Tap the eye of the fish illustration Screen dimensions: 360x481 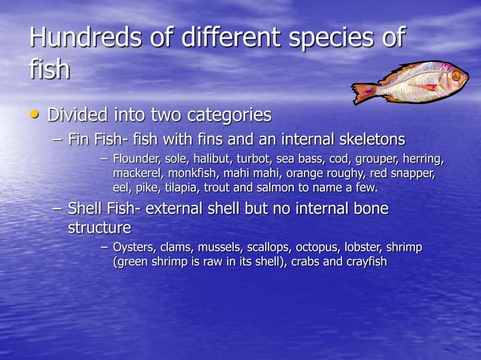(456, 76)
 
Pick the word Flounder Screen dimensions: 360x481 (136, 160)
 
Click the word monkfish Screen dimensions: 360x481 (191, 173)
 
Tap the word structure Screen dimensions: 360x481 (100, 227)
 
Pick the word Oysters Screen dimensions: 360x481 (134, 248)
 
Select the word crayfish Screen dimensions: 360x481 (365, 261)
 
